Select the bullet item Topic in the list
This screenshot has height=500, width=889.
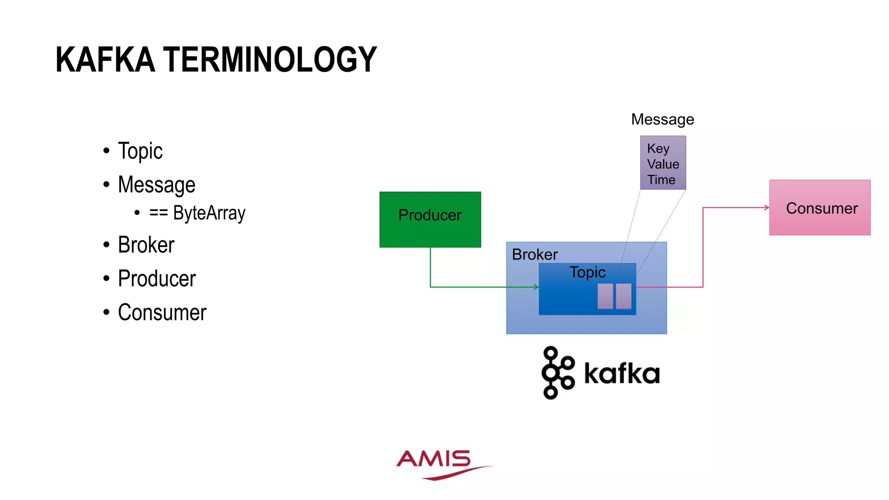[140, 151]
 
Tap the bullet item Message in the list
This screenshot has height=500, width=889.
[157, 185]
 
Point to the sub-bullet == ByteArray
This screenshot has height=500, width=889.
[197, 213]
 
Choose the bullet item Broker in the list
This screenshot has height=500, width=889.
[146, 245]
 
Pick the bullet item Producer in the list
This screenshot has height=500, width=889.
[157, 279]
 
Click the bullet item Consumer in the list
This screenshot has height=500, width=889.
[162, 312]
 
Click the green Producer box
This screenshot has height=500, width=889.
[430, 220]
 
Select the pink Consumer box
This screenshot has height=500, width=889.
[820, 208]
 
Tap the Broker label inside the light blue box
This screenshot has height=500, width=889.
[535, 254]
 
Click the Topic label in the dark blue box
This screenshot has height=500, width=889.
[587, 272]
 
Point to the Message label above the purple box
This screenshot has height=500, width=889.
[662, 119]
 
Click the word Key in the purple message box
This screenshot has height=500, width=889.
[658, 148]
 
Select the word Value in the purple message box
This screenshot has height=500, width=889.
[663, 164]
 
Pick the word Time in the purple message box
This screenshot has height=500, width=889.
[661, 180]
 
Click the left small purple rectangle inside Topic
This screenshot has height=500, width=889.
[605, 296]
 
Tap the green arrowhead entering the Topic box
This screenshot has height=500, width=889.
[537, 287]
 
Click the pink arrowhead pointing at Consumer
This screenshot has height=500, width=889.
[767, 207]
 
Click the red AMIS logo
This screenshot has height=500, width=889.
[438, 464]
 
